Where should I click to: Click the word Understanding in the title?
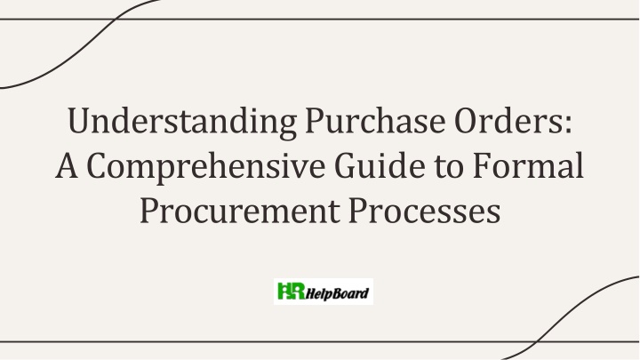point(182,122)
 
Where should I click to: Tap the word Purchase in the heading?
point(375,120)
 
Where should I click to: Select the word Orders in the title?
point(509,120)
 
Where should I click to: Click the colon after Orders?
point(568,124)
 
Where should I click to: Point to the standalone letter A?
point(67,165)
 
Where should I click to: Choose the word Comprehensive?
point(205,167)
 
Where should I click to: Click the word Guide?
point(380,165)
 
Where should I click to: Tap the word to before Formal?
point(449,167)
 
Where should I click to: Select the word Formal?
point(528,165)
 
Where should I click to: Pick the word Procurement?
point(240,211)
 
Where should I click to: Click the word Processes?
point(425,211)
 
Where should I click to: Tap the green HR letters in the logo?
point(291,291)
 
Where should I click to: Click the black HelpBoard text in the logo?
point(337,293)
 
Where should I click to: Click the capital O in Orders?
point(467,120)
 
